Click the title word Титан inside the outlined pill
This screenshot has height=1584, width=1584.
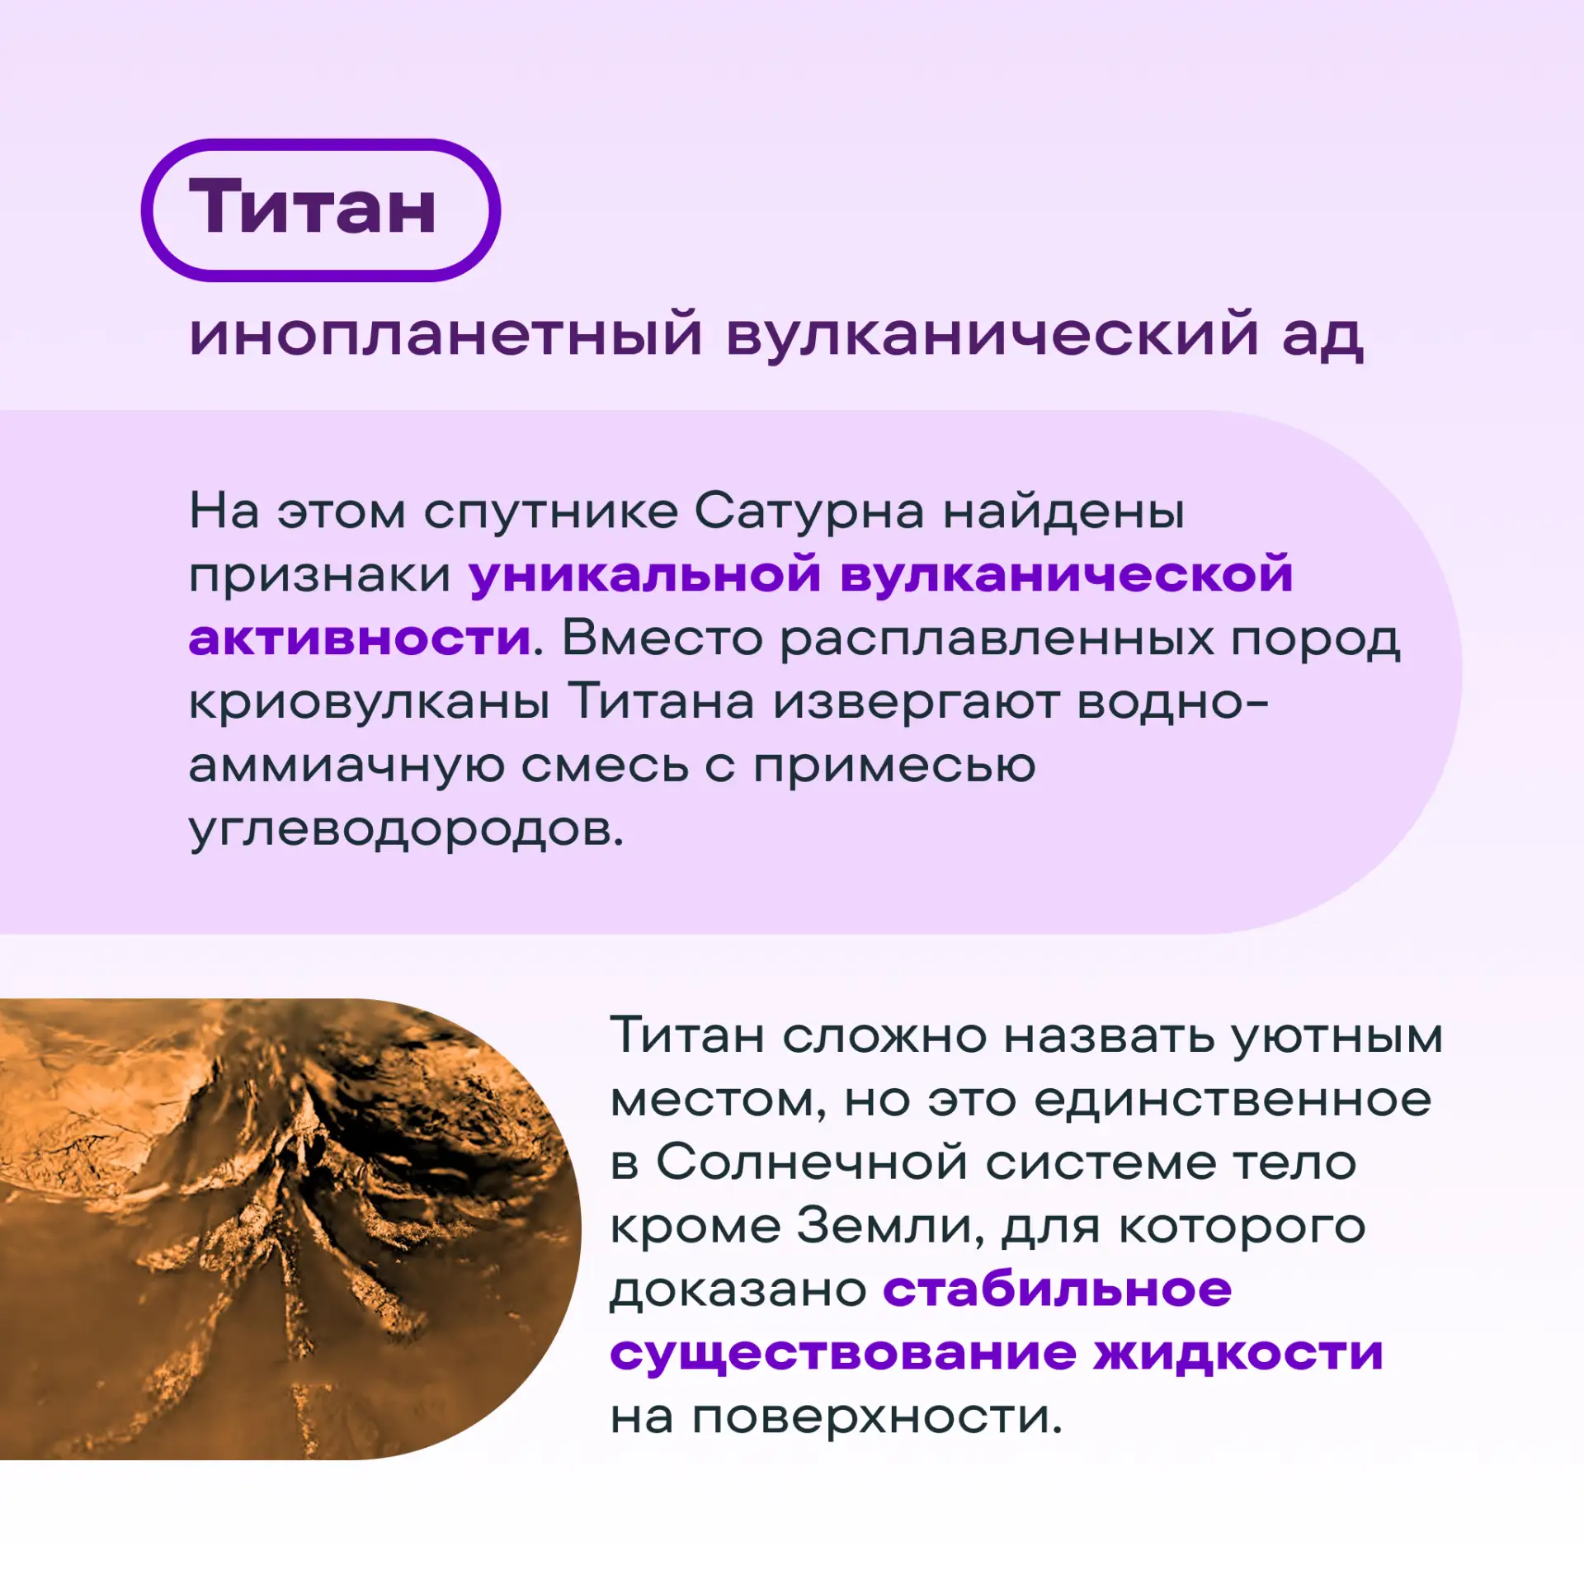pyautogui.click(x=313, y=207)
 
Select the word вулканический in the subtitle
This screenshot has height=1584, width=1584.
pyautogui.click(x=992, y=334)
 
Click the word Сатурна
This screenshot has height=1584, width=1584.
pyautogui.click(x=808, y=511)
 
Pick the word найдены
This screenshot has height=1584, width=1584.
pyautogui.click(x=1063, y=511)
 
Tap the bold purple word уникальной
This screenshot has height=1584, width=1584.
pyautogui.click(x=645, y=574)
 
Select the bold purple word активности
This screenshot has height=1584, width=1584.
pyautogui.click(x=360, y=639)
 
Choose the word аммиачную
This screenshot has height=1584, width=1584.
pyautogui.click(x=346, y=766)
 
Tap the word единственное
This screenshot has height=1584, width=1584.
pyautogui.click(x=1232, y=1100)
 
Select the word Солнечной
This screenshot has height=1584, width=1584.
pyautogui.click(x=812, y=1163)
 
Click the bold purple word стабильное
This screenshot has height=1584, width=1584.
pyautogui.click(x=1058, y=1290)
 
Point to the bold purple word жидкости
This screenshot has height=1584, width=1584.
pyautogui.click(x=1238, y=1354)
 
